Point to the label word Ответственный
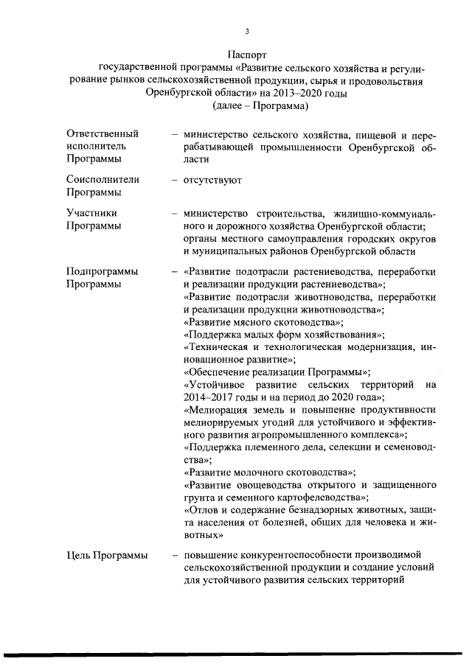pyautogui.click(x=103, y=134)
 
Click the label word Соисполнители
pyautogui.click(x=103, y=179)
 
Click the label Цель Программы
pyautogui.click(x=106, y=555)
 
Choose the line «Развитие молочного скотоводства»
pyautogui.click(x=269, y=471)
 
